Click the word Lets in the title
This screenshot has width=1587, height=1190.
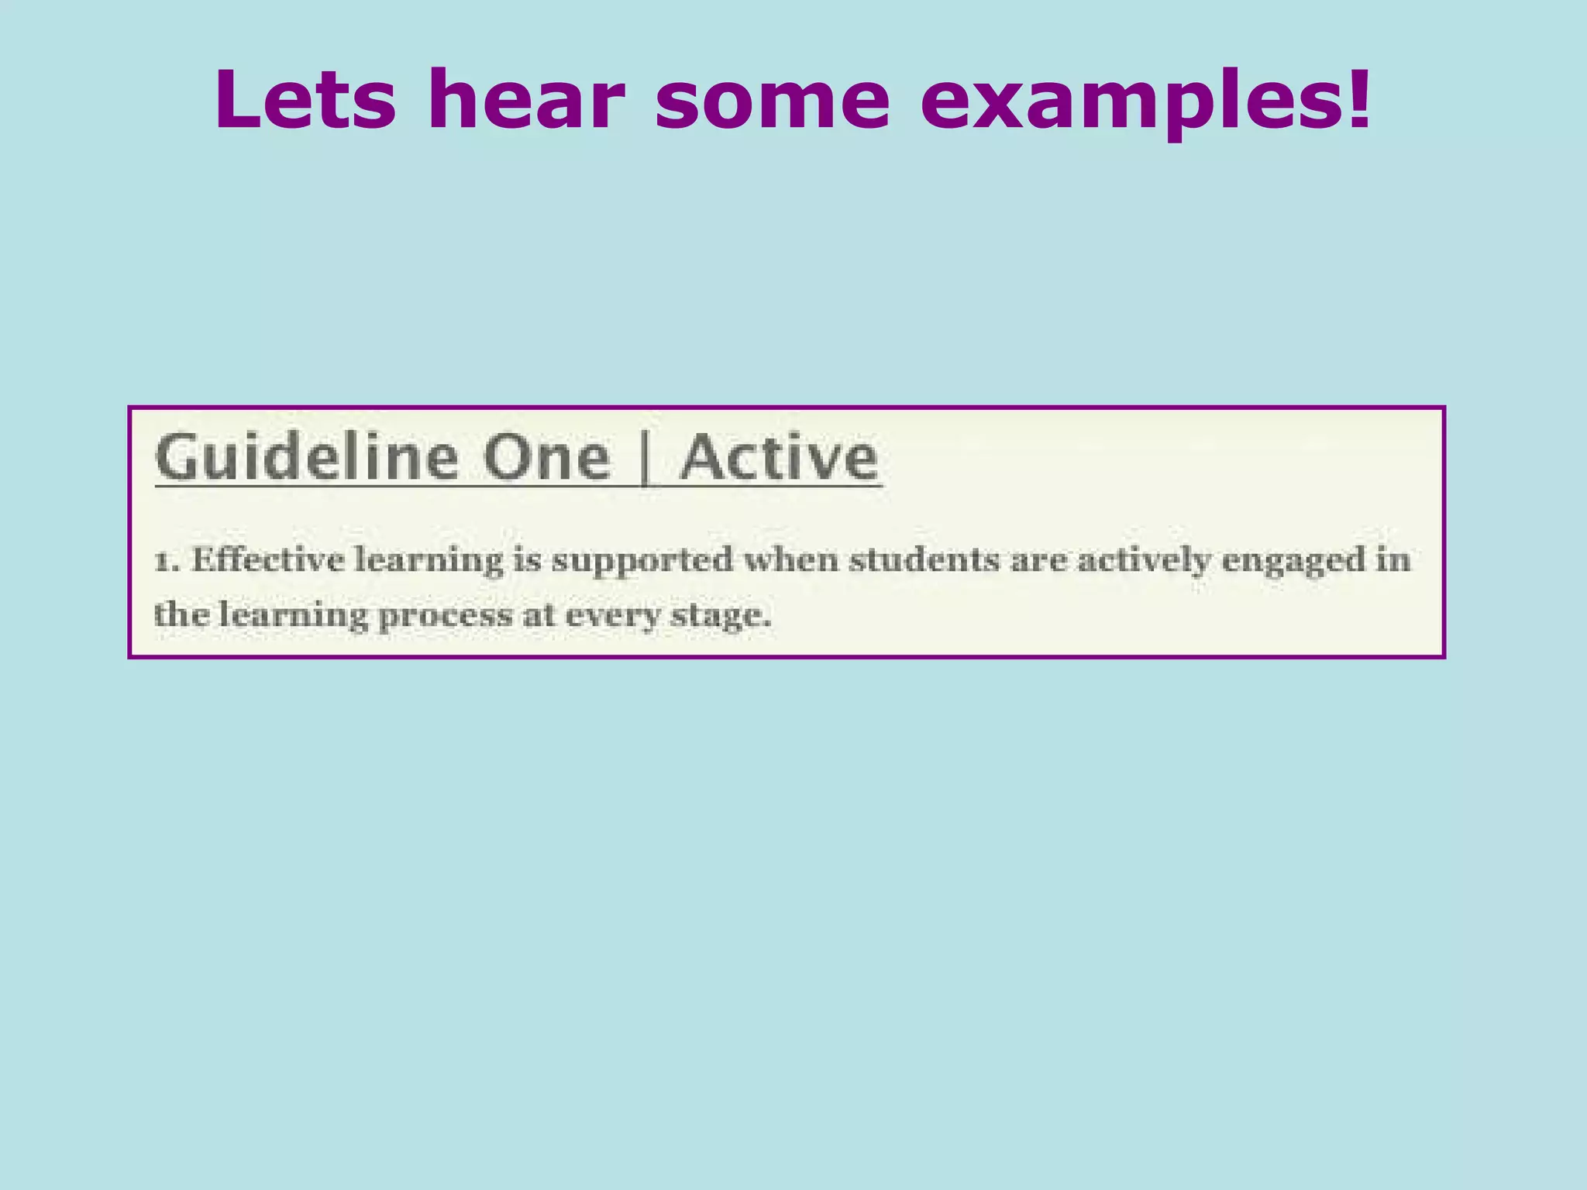point(305,101)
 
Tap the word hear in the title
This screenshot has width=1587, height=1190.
point(525,101)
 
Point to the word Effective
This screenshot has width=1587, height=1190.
point(268,559)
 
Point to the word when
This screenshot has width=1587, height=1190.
point(791,559)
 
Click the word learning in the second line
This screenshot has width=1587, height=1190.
point(293,617)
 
